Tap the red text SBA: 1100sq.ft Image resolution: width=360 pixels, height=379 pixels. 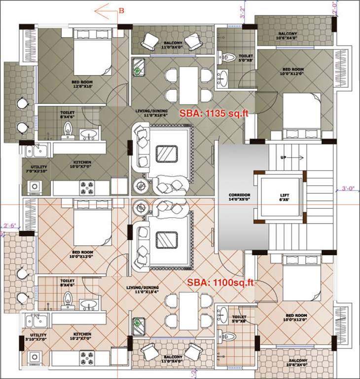click(220, 282)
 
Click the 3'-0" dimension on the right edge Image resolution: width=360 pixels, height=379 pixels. click(350, 188)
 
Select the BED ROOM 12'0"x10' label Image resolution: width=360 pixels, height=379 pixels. click(82, 84)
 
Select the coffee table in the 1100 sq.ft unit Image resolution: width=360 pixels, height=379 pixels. click(166, 240)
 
